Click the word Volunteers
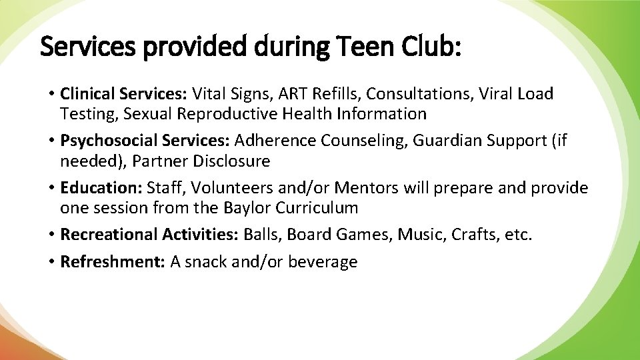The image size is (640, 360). point(233,188)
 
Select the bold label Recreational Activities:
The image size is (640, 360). point(150,235)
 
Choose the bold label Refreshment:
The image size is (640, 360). point(113,262)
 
